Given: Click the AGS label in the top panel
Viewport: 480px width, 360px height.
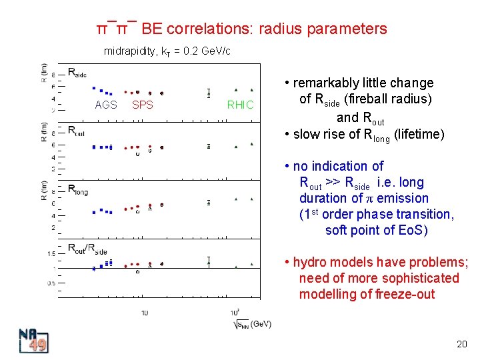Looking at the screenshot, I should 106,105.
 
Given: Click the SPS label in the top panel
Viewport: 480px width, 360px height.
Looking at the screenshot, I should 143,105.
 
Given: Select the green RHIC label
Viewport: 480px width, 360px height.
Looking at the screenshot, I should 241,105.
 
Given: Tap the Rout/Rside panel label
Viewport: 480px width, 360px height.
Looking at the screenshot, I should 87,248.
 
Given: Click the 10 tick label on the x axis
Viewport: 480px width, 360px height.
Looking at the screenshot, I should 145,313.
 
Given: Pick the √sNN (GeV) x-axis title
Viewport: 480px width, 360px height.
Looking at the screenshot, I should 253,324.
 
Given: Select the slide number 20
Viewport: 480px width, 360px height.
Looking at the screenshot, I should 461,344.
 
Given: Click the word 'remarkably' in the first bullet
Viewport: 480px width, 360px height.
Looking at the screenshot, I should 328,83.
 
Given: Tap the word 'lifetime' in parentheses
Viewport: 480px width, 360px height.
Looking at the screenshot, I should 419,134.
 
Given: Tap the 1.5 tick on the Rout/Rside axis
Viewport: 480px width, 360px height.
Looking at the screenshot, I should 51,254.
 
